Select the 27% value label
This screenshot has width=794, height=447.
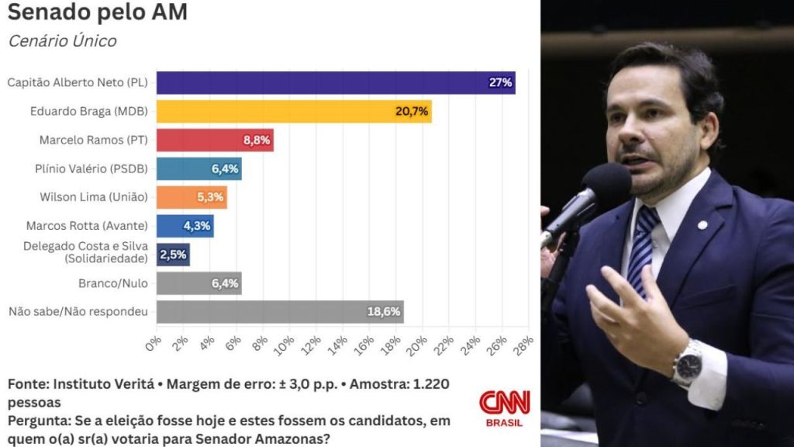click(x=500, y=83)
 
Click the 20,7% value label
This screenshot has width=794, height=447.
click(x=412, y=112)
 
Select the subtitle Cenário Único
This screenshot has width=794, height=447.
click(x=62, y=41)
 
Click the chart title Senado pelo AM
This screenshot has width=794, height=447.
click(x=98, y=12)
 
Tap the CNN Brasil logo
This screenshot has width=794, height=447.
click(x=504, y=407)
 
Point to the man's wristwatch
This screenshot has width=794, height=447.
click(x=687, y=363)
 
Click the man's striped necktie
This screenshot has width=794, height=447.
click(x=642, y=248)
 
